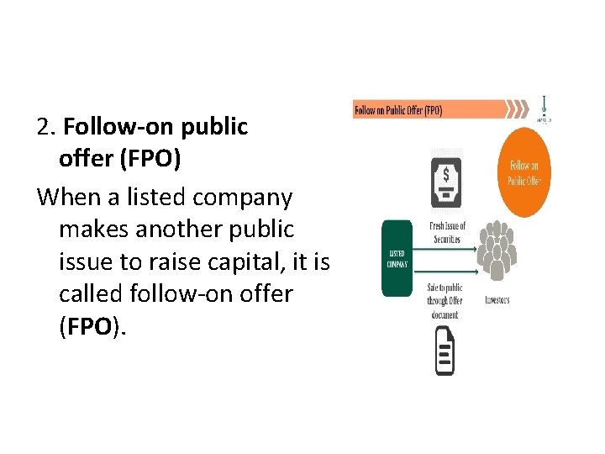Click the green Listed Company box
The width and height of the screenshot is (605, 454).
[397, 258]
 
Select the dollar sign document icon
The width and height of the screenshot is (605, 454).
[445, 179]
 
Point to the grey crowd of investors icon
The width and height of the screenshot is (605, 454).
[497, 250]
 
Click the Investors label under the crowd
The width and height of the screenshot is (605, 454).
[497, 300]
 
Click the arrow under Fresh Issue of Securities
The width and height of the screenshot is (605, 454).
[445, 250]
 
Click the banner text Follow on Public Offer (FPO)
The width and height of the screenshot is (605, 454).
[398, 110]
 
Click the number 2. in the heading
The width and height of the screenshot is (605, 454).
[46, 127]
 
